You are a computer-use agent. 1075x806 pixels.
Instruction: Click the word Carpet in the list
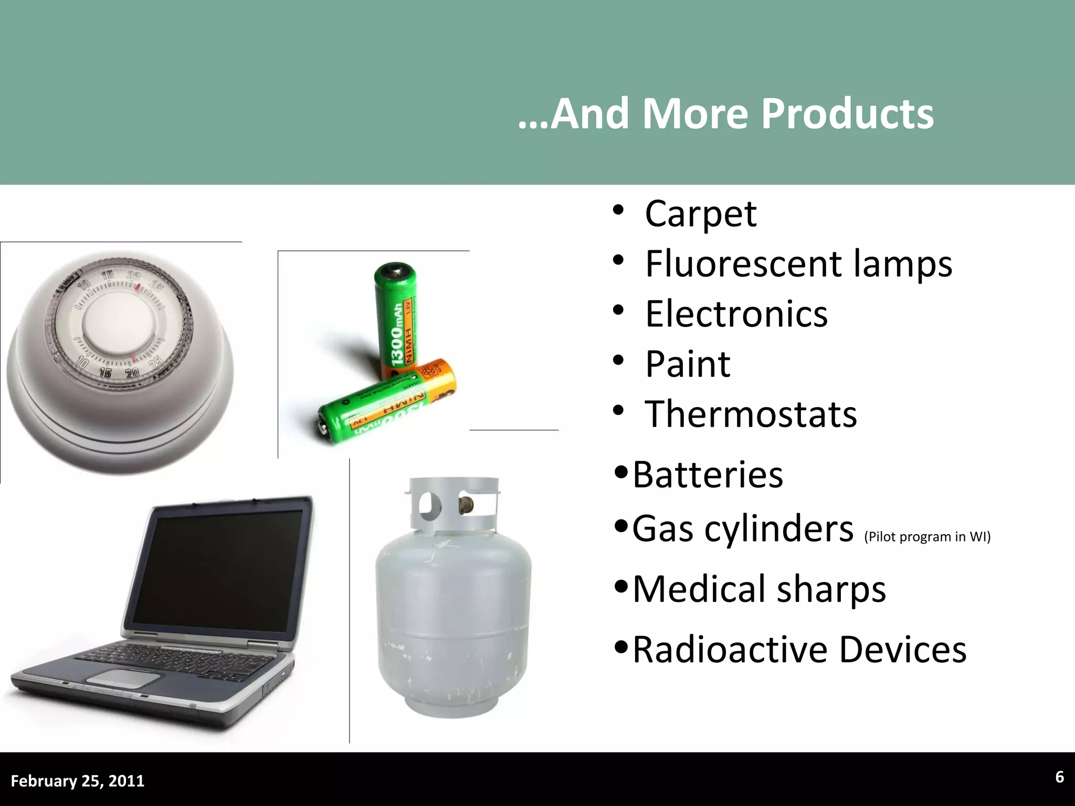pyautogui.click(x=700, y=214)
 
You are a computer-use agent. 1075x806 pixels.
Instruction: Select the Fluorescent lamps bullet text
pyautogui.click(x=798, y=264)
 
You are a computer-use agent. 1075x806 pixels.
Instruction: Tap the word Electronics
pyautogui.click(x=736, y=314)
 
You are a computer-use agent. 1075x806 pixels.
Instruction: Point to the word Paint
pyautogui.click(x=688, y=364)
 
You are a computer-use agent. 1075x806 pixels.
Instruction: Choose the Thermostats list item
pyautogui.click(x=751, y=414)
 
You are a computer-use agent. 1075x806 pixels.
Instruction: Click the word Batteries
pyautogui.click(x=708, y=474)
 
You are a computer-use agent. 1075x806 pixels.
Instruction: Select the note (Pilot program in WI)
pyautogui.click(x=927, y=537)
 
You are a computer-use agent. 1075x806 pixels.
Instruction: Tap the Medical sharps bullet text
pyautogui.click(x=759, y=589)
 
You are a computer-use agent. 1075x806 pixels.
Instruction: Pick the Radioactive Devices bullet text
pyautogui.click(x=799, y=650)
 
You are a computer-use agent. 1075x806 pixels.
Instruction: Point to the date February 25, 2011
pyautogui.click(x=78, y=781)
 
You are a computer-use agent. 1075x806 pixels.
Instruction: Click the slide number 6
pyautogui.click(x=1059, y=777)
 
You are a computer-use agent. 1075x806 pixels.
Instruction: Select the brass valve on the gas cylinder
pyautogui.click(x=465, y=505)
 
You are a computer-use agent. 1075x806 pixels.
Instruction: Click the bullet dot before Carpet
pyautogui.click(x=618, y=210)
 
